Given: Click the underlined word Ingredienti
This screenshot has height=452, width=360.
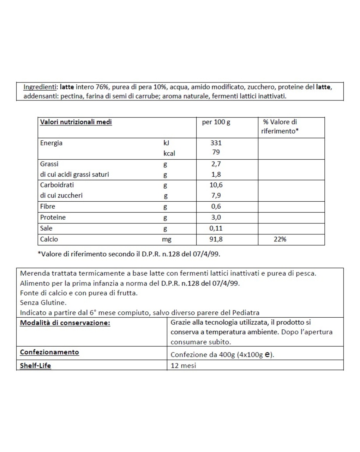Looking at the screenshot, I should point(40,87).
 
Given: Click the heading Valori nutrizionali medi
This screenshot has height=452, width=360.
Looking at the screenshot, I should point(76,122).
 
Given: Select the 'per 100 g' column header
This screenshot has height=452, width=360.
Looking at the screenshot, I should point(216,122).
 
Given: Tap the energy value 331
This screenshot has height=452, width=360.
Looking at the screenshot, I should point(216,143).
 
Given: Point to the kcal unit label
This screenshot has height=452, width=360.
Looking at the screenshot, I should point(169,153).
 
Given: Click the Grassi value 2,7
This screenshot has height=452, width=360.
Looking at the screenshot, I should point(216,164).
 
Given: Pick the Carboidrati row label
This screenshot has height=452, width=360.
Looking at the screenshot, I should point(57,185).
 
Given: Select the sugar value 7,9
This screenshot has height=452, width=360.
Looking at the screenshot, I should point(216,195).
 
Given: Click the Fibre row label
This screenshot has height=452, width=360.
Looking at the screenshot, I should point(48,206).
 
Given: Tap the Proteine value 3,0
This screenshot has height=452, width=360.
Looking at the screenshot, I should point(216,217).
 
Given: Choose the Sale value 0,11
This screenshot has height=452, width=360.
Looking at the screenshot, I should point(216,228).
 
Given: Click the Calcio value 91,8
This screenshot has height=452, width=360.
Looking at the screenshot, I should point(216,239).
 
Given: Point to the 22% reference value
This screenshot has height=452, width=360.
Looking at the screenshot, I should point(280,239).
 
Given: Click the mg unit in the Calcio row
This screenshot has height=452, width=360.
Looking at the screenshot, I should point(167,239).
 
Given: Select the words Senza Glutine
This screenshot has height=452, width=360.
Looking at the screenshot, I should point(43,303).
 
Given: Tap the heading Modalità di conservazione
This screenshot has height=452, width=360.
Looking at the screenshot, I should point(65,323).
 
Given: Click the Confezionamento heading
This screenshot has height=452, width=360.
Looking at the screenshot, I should point(49,352).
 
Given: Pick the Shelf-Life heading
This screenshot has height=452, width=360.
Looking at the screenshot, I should point(35,365).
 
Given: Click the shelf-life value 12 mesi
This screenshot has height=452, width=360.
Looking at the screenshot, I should point(183,365).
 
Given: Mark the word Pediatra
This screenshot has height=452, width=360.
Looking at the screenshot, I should point(246,312).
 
